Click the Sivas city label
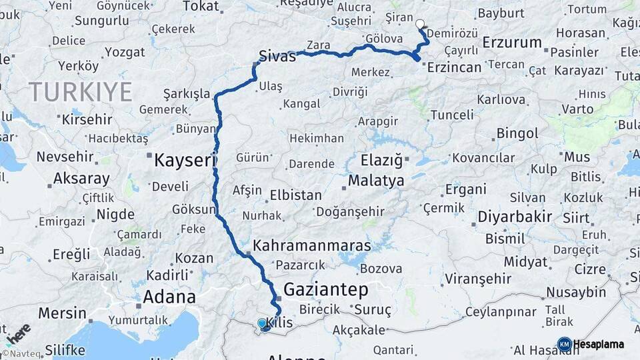click(277, 57)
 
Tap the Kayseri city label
click(177, 160)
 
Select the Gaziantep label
click(326, 289)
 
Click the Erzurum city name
click(512, 43)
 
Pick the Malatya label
click(376, 181)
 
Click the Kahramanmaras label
click(311, 245)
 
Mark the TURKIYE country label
click(80, 92)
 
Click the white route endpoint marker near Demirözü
click(419, 24)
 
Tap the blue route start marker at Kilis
click(261, 323)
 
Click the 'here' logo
click(19, 333)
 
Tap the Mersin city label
click(62, 313)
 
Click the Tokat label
click(201, 6)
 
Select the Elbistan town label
click(295, 196)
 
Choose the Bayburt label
click(502, 13)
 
